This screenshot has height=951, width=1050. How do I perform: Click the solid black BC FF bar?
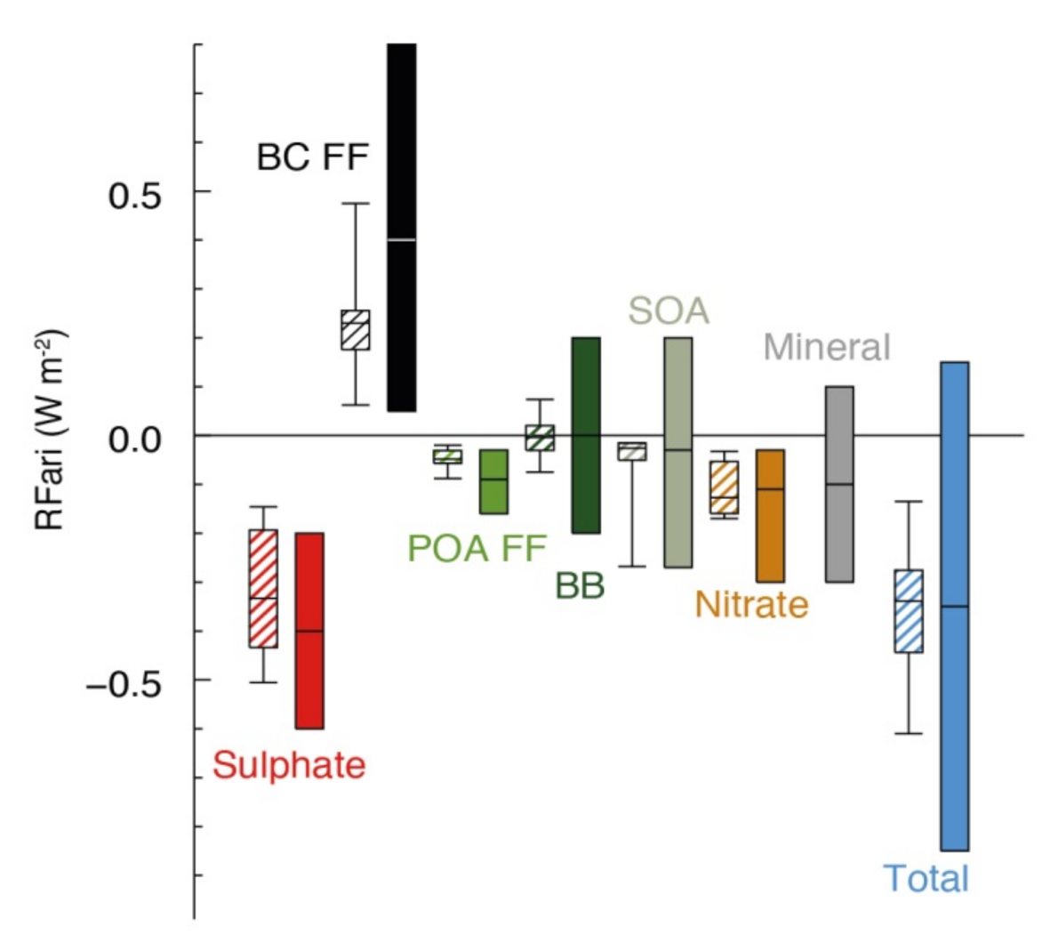tap(401, 227)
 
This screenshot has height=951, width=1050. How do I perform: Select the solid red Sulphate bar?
tap(309, 631)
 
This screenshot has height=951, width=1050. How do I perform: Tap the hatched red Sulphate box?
tap(262, 588)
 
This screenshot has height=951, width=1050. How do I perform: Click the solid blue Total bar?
tap(954, 606)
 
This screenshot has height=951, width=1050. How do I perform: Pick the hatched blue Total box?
tap(908, 611)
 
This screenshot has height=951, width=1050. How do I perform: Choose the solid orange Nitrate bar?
tap(770, 516)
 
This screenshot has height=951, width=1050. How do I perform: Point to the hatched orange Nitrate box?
tap(724, 488)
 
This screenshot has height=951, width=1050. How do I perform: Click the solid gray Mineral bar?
tap(839, 484)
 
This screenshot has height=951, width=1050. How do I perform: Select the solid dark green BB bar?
tap(585, 435)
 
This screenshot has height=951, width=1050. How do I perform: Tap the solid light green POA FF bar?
tap(493, 481)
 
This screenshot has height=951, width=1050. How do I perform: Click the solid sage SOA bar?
tap(677, 452)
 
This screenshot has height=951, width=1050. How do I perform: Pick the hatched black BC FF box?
tap(355, 330)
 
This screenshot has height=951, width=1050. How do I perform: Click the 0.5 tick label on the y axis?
tap(134, 195)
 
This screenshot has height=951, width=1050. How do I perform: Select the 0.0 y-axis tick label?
tap(134, 439)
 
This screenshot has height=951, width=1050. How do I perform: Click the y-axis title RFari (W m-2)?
tap(50, 431)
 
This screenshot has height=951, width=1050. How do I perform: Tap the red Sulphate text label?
tap(289, 765)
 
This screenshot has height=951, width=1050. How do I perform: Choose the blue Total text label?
tap(926, 878)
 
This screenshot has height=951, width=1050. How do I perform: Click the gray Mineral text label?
tap(826, 347)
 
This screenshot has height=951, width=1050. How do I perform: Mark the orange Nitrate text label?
tap(751, 604)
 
